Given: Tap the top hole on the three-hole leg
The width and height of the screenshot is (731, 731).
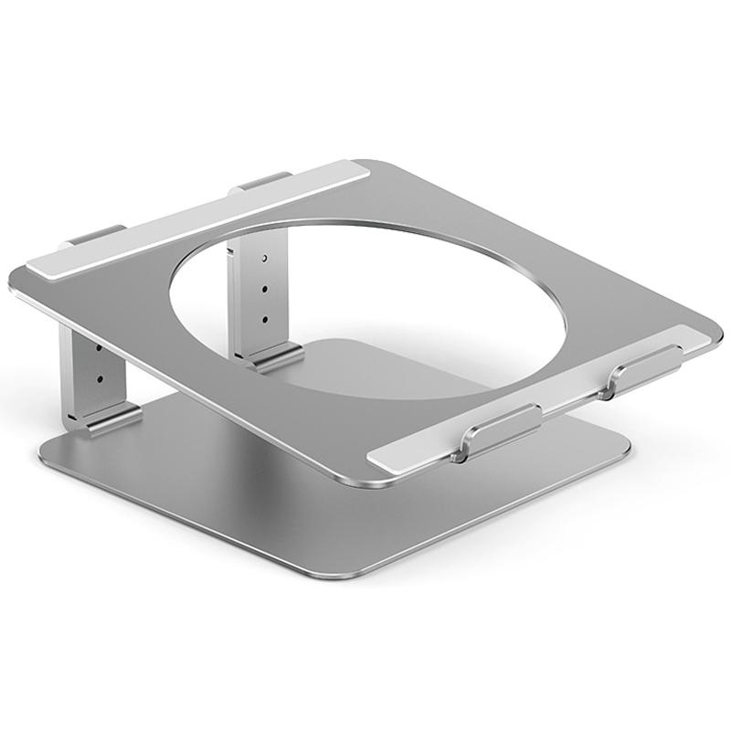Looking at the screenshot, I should pos(265,260).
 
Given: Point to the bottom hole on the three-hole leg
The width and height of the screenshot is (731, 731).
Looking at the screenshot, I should pos(265,319).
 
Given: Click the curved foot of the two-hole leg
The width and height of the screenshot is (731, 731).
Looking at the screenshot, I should pos(110,418).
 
